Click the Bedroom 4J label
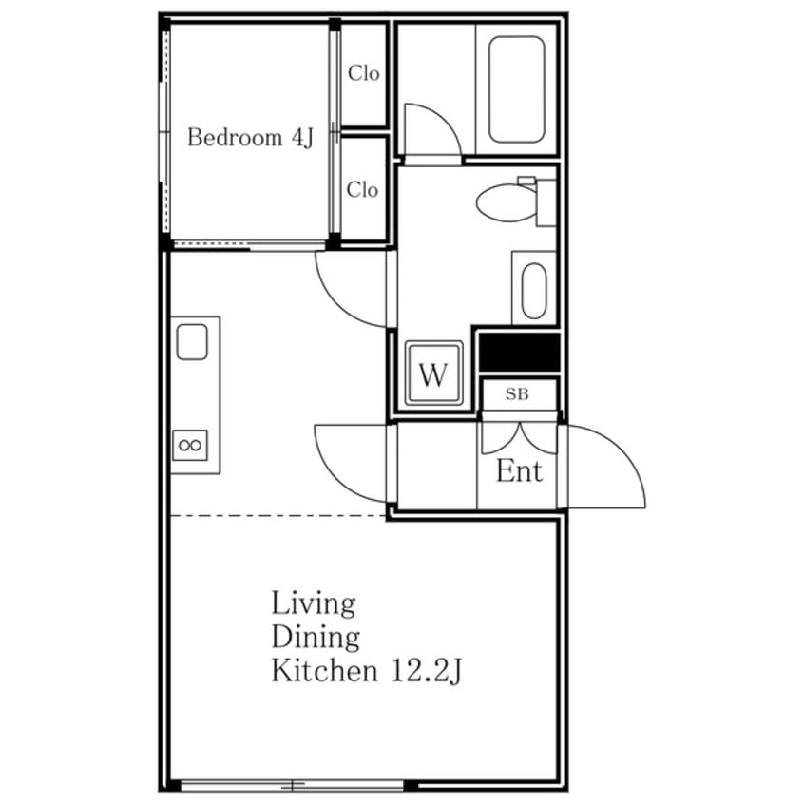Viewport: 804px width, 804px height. [x=250, y=138]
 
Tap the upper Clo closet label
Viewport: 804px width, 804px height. [x=364, y=73]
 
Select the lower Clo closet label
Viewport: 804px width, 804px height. [x=362, y=190]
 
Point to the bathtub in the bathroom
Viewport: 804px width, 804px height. [x=516, y=89]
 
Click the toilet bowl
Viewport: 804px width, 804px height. [x=507, y=203]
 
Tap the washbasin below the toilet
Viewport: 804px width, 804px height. [x=534, y=291]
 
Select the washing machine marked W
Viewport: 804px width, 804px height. [x=433, y=373]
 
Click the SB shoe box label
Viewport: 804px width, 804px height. [x=517, y=394]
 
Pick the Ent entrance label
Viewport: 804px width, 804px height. [x=519, y=470]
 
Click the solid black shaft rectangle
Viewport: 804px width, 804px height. [x=520, y=352]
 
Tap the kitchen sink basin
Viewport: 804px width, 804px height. [x=192, y=342]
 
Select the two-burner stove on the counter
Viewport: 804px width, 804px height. [x=190, y=445]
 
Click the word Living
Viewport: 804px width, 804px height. [x=314, y=603]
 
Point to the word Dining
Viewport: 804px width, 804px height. [x=316, y=638]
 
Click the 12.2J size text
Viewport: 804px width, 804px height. [x=427, y=671]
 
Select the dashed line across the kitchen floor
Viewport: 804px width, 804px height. [x=278, y=515]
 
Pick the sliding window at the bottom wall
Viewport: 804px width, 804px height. [x=293, y=785]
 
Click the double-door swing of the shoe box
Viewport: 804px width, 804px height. [x=520, y=439]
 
